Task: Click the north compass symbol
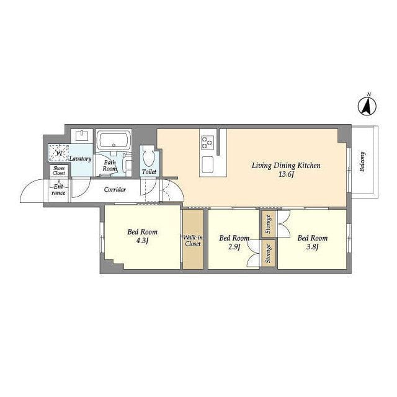click(367, 105)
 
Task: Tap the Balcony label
click(362, 161)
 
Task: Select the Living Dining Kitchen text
click(286, 166)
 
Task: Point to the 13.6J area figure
click(286, 174)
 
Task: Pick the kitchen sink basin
click(207, 164)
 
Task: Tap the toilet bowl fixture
click(148, 155)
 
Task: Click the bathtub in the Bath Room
click(114, 140)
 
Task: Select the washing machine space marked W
click(59, 153)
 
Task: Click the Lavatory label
click(80, 159)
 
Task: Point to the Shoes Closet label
click(59, 171)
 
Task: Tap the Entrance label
click(58, 190)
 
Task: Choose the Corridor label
click(115, 189)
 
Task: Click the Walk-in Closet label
click(193, 241)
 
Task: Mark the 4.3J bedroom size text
click(142, 241)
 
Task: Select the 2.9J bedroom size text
click(234, 247)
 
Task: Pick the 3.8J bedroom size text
click(312, 247)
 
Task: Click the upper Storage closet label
click(269, 224)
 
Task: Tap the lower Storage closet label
click(269, 254)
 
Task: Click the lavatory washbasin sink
click(83, 136)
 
